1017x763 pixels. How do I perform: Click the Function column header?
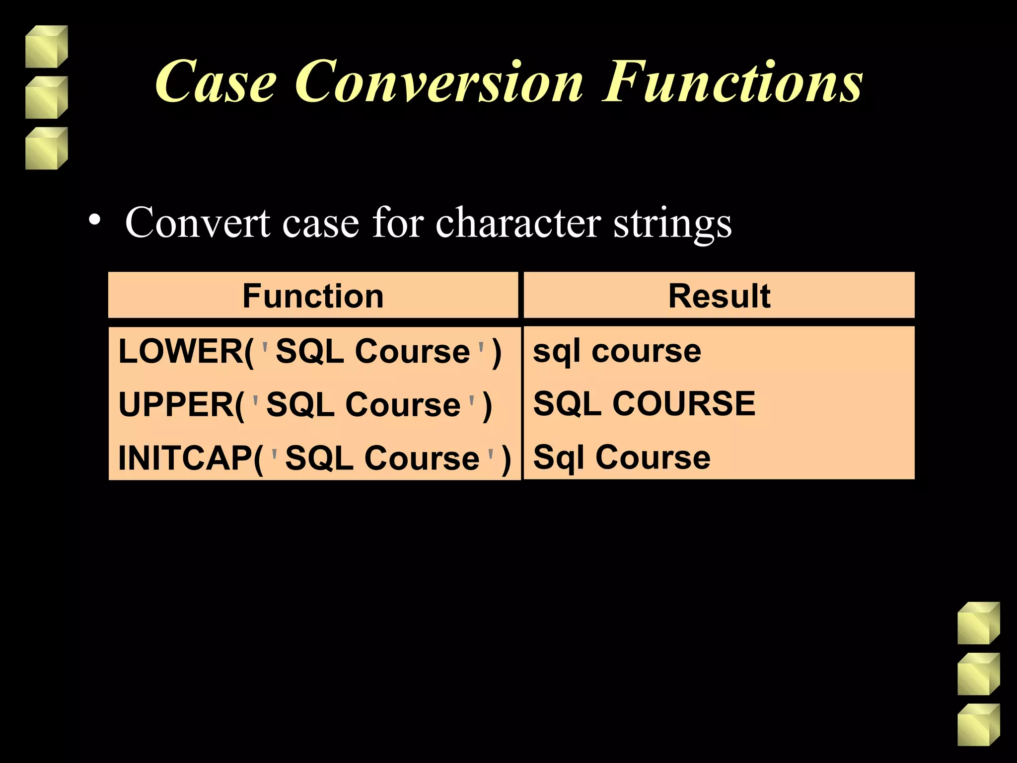pyautogui.click(x=313, y=296)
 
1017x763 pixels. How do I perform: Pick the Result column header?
pyautogui.click(x=719, y=296)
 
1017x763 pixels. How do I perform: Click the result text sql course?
pyautogui.click(x=617, y=352)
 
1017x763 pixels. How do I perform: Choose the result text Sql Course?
pyautogui.click(x=622, y=457)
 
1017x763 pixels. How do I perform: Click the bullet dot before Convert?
pyautogui.click(x=94, y=220)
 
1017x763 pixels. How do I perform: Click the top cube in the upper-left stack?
pyautogui.click(x=46, y=47)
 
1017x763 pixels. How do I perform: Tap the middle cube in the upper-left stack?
pyautogui.click(x=46, y=97)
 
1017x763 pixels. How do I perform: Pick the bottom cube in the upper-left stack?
pyautogui.click(x=46, y=149)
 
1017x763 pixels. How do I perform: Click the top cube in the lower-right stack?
pyautogui.click(x=978, y=623)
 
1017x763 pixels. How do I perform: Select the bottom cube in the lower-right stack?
pyautogui.click(x=978, y=725)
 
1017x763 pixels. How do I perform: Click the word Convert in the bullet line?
pyautogui.click(x=197, y=223)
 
